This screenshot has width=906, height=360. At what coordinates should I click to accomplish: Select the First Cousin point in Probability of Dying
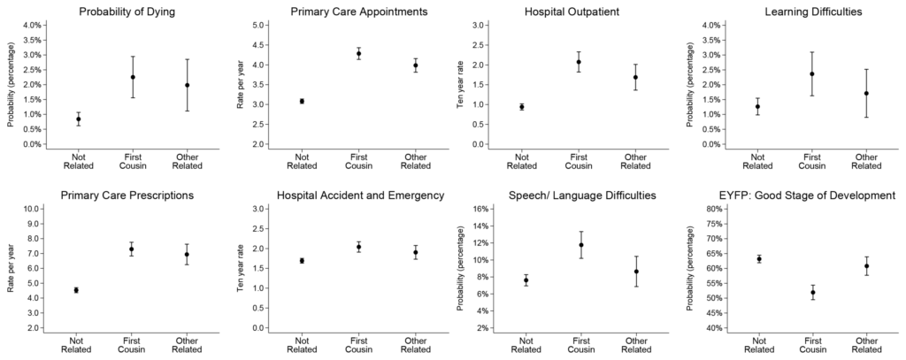133,77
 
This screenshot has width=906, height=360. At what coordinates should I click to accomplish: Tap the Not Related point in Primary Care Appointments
302,102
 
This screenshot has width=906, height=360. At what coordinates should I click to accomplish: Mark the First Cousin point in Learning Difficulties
810,73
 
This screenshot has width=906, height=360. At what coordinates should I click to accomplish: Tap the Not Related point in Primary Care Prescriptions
76,290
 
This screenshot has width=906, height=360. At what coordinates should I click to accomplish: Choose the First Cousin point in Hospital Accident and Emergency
358,247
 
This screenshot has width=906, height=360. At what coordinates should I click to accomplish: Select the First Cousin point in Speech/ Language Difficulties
581,245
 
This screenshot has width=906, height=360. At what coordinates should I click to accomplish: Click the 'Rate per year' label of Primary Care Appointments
240,85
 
